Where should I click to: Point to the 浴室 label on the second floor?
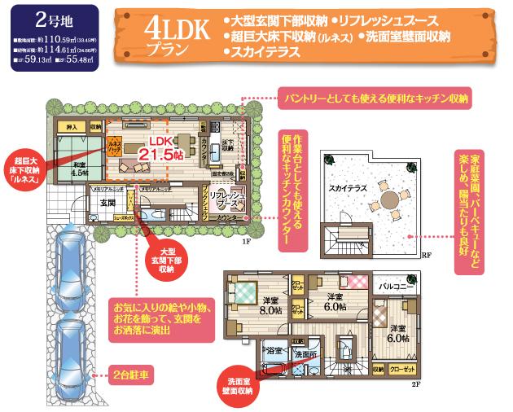tap(274, 352)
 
